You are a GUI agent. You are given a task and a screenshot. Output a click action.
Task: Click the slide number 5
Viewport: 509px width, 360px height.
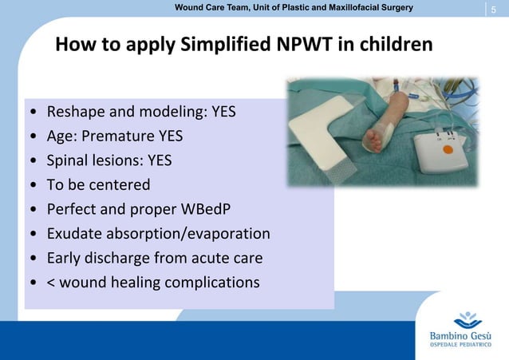click(x=494, y=10)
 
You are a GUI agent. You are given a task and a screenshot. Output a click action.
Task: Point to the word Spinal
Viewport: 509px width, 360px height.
click(x=71, y=160)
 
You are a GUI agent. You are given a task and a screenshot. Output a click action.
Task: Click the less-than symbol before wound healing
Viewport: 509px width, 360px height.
click(x=52, y=283)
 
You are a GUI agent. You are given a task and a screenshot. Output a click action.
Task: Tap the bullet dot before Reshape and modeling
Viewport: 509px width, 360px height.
click(x=31, y=112)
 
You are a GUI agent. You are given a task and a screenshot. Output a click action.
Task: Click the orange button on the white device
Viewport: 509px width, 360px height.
click(x=448, y=149)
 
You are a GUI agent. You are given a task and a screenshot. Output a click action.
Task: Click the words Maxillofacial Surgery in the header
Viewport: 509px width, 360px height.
click(x=365, y=7)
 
